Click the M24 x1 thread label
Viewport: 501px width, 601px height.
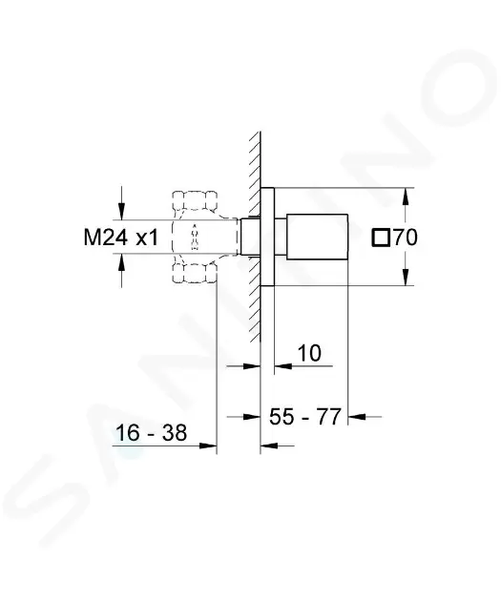[121, 238]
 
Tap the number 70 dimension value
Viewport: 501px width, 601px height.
[406, 238]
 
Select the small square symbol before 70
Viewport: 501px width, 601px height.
[381, 238]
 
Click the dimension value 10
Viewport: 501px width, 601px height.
[309, 353]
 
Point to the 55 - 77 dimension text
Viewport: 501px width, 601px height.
[304, 417]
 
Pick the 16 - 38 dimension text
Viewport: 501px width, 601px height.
[151, 433]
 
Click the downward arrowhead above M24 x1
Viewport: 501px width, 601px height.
[121, 211]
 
